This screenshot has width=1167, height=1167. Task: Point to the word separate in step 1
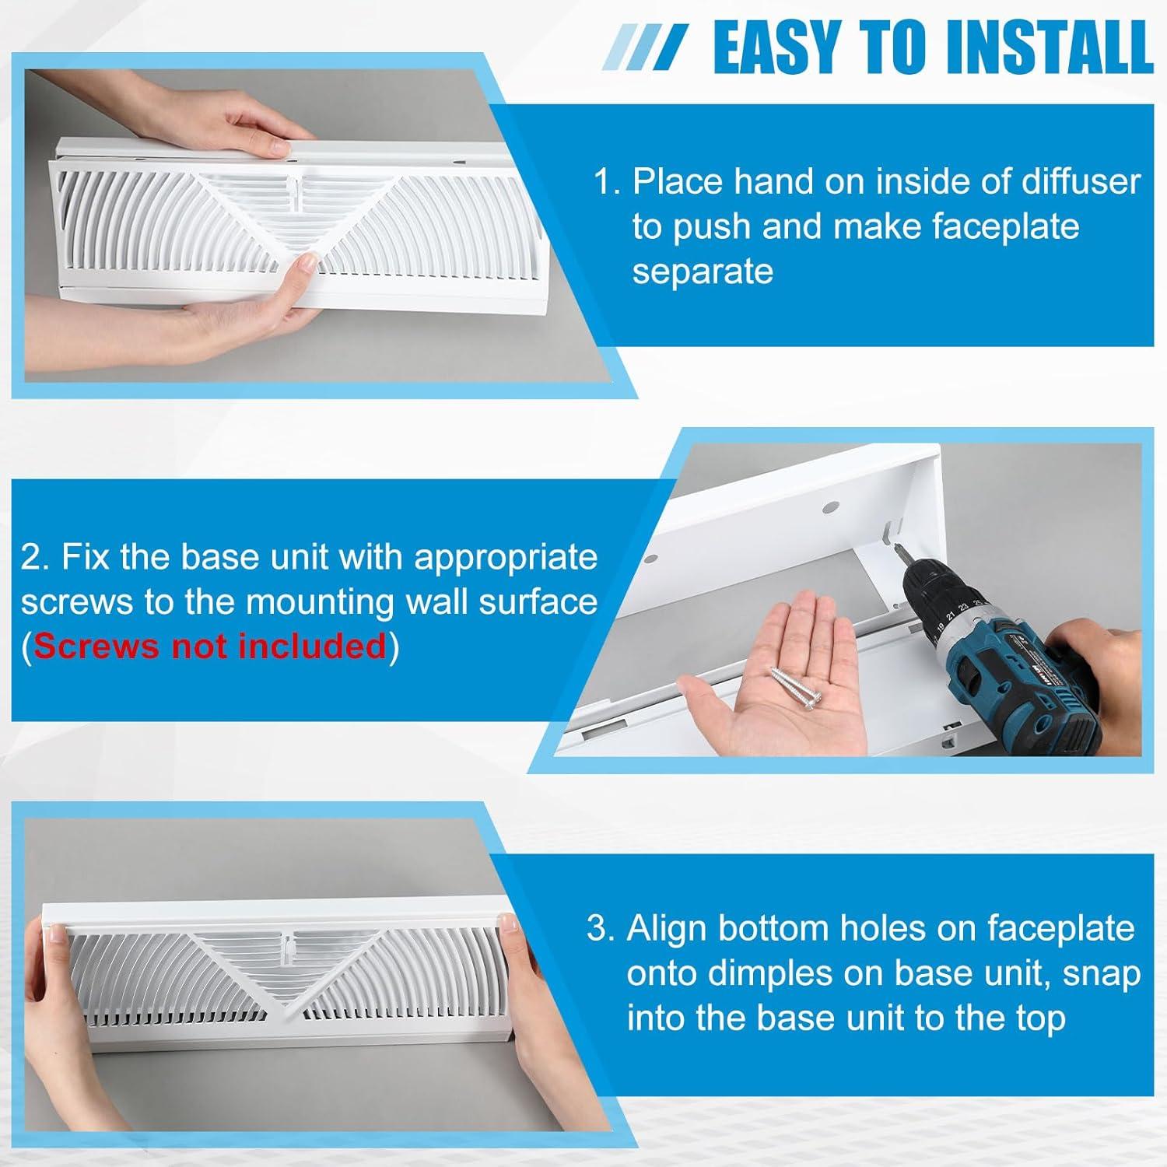[703, 272]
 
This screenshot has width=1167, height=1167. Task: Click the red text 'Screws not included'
[210, 646]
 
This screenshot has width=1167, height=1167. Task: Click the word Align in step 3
[668, 928]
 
